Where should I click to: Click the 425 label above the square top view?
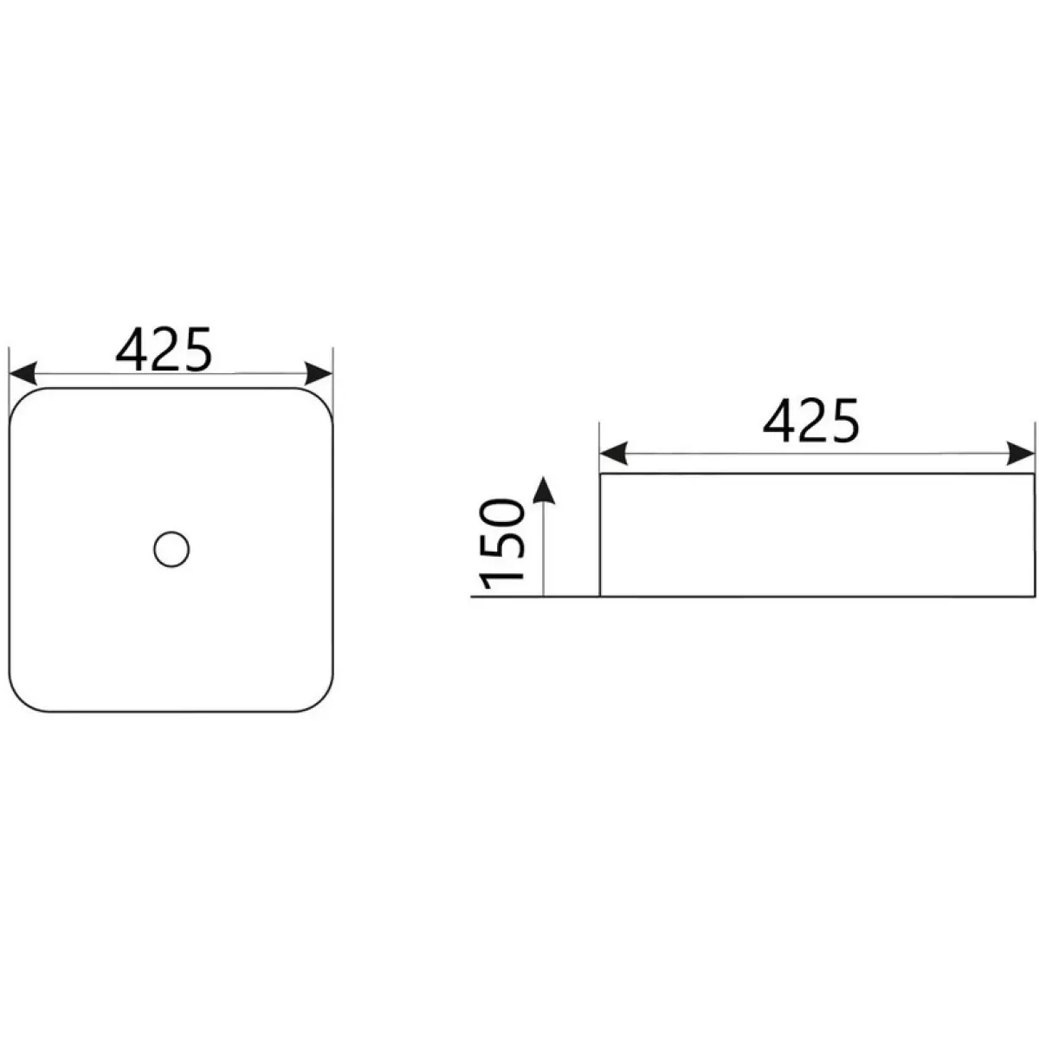click(164, 350)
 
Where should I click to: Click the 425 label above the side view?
click(811, 420)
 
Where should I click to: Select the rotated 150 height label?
click(502, 544)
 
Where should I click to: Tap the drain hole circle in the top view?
click(171, 550)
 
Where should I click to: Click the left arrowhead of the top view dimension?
click(23, 373)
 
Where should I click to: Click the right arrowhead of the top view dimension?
click(319, 373)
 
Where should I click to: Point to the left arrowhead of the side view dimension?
click(614, 453)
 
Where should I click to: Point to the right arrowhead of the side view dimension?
click(1021, 453)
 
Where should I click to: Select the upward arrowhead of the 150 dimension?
click(544, 490)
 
